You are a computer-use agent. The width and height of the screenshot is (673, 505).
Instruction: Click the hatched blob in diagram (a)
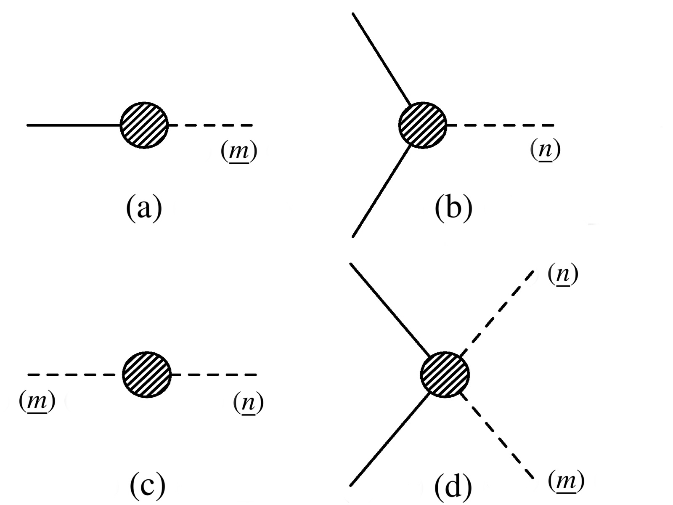pyautogui.click(x=144, y=125)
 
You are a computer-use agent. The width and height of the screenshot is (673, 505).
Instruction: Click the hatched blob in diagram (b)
pyautogui.click(x=422, y=125)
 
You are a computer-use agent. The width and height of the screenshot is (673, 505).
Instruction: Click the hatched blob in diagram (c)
pyautogui.click(x=147, y=374)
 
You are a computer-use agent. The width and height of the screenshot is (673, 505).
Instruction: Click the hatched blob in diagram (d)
pyautogui.click(x=445, y=374)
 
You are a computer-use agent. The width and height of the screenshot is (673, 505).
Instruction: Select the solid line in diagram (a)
pyautogui.click(x=74, y=125)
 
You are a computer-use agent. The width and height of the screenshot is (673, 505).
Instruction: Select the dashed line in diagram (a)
pyautogui.click(x=210, y=125)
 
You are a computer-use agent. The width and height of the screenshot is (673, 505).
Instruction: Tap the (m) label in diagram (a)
pyautogui.click(x=238, y=151)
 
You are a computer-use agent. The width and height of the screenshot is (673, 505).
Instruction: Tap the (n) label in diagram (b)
pyautogui.click(x=545, y=150)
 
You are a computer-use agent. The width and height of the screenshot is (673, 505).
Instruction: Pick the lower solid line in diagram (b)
pyautogui.click(x=381, y=191)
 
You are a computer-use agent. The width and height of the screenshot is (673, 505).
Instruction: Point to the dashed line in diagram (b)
pyautogui.click(x=501, y=125)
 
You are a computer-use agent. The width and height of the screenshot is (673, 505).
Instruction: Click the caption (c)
pyautogui.click(x=147, y=485)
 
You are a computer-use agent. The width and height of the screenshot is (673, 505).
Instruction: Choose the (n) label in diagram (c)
pyautogui.click(x=248, y=402)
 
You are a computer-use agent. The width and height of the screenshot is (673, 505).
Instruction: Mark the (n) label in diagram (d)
pyautogui.click(x=563, y=274)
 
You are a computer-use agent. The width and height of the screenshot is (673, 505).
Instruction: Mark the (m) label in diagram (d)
pyautogui.click(x=566, y=481)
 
